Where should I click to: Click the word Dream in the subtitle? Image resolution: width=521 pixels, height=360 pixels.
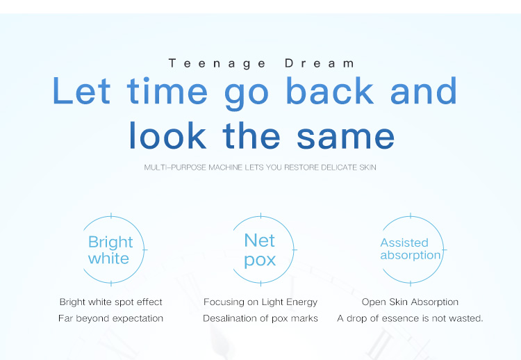pos(320,63)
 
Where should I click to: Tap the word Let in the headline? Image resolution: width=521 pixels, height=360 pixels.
pos(81,91)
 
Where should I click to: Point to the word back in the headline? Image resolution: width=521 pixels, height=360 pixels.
pos(330,91)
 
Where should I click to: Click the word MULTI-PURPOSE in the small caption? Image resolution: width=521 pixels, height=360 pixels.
pos(170,167)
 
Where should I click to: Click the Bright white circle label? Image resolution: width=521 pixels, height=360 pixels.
pos(110,250)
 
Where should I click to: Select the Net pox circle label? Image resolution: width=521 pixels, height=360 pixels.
pos(260,250)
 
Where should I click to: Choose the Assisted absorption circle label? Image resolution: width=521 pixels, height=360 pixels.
pos(410,249)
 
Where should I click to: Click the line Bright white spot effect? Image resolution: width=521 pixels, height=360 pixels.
pos(111,302)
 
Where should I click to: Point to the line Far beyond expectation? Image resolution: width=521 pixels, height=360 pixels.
pos(111,318)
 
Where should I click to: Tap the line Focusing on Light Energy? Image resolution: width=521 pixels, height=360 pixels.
pos(260,302)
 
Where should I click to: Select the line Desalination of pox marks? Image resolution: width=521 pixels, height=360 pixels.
pos(260,318)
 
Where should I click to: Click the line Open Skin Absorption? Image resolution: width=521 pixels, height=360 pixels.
pos(410,302)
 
